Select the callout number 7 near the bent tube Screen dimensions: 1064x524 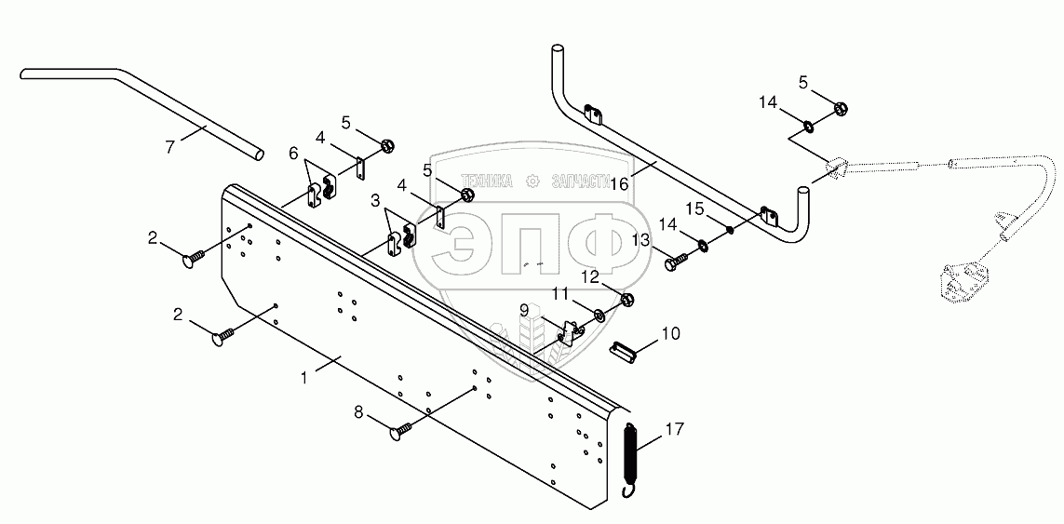(168, 146)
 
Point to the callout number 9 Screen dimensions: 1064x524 (523, 309)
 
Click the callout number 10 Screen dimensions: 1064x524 (670, 332)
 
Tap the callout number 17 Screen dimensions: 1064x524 (674, 431)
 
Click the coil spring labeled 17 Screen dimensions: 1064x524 (629, 456)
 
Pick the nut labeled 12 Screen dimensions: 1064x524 (626, 300)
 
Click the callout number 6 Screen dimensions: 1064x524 (292, 155)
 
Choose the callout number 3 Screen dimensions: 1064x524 (375, 200)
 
